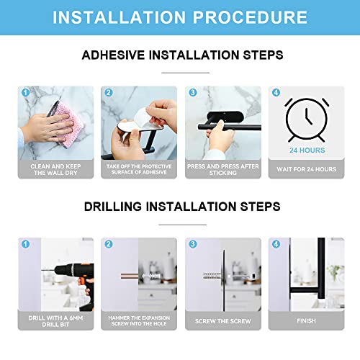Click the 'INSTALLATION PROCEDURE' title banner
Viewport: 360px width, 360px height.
point(180,18)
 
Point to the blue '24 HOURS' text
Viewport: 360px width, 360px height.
point(306,150)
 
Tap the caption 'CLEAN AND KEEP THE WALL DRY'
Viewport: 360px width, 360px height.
point(55,169)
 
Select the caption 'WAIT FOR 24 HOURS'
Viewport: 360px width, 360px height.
point(306,169)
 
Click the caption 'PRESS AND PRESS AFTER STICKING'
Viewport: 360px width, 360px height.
point(221,169)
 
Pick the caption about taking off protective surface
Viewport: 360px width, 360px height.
point(138,169)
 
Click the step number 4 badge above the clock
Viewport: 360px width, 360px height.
point(276,93)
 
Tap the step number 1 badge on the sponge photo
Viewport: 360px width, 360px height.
point(25,93)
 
